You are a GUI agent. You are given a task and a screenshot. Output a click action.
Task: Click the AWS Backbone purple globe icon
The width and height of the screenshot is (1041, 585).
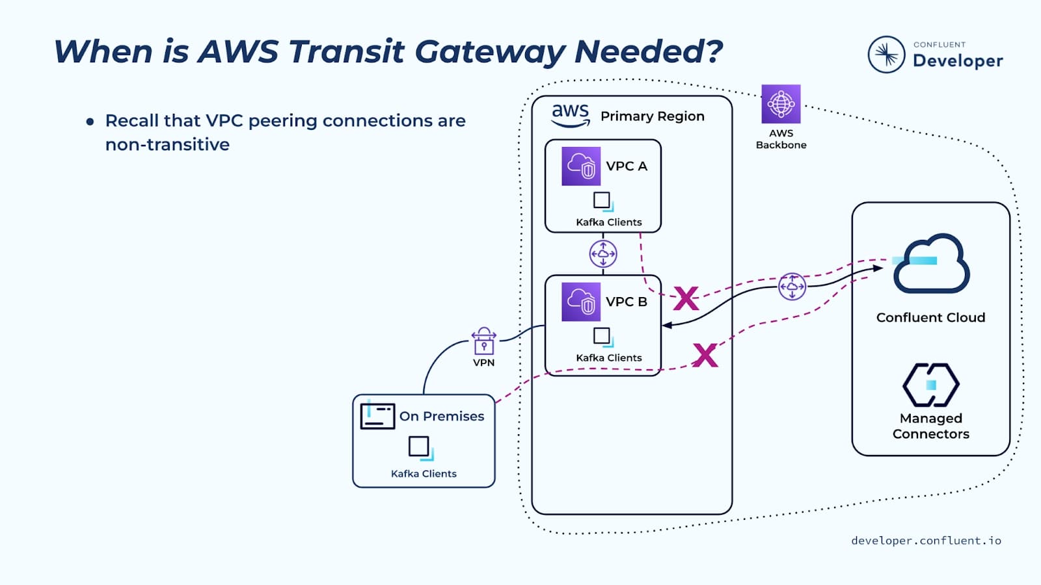781,104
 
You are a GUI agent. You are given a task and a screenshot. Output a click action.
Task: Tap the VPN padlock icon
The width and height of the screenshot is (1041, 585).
483,341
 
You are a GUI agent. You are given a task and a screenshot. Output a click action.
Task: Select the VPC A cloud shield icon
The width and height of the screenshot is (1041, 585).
581,166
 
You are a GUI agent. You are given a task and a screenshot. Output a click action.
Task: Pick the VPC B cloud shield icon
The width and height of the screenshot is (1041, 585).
581,302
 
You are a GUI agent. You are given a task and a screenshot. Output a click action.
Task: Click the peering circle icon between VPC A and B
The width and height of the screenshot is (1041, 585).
603,253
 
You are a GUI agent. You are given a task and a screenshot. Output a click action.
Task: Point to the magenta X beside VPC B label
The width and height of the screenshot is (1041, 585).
686,298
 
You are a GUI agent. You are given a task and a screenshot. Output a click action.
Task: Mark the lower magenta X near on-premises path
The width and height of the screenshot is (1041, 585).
705,355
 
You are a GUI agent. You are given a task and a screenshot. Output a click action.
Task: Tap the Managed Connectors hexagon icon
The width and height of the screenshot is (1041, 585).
931,385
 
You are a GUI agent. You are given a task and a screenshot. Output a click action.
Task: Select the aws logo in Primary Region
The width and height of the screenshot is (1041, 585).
571,115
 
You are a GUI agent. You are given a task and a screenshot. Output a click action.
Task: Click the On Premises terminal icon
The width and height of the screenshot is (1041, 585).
377,415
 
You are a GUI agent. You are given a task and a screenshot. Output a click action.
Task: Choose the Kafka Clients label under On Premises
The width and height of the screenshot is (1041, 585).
424,474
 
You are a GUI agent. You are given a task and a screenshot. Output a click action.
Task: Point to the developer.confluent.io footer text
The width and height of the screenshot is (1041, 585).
926,541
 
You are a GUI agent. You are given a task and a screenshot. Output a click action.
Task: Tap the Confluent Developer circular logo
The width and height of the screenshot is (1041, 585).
886,55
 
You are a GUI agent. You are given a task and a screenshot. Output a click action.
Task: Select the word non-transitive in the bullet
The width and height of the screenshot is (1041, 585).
167,144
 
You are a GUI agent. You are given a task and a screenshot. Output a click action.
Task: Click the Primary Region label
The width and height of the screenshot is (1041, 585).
652,116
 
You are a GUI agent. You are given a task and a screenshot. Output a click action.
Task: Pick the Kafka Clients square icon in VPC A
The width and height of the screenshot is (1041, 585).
602,201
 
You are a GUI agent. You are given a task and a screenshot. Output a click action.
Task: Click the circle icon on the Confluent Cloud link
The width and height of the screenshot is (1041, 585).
792,286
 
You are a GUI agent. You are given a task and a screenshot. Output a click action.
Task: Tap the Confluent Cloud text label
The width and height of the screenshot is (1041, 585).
930,318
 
